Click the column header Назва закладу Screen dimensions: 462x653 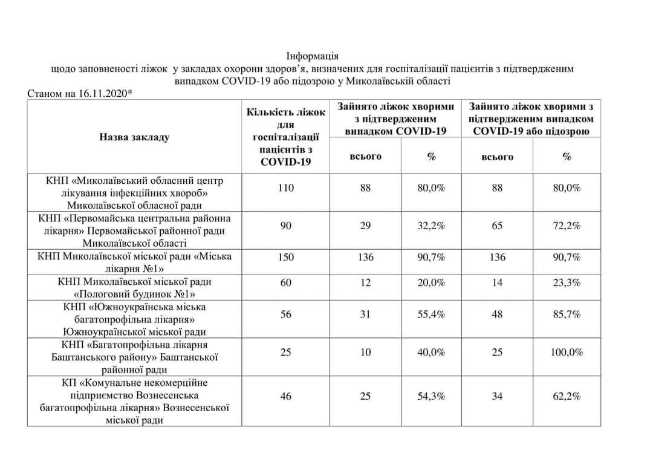point(134,137)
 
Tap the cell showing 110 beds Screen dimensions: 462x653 point(286,188)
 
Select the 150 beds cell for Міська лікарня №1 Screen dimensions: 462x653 point(286,257)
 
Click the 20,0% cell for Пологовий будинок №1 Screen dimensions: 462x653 point(431,282)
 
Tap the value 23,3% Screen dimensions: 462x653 point(567,282)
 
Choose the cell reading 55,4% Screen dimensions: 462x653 point(431,314)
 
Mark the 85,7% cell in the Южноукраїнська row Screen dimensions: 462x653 point(567,314)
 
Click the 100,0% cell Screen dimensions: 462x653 point(567,351)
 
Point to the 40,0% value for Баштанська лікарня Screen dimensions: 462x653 point(431,351)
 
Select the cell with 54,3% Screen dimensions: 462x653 point(431,396)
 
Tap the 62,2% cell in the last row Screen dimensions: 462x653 point(567,396)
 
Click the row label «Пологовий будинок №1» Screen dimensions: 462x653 point(134,294)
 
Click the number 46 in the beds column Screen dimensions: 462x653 point(286,396)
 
